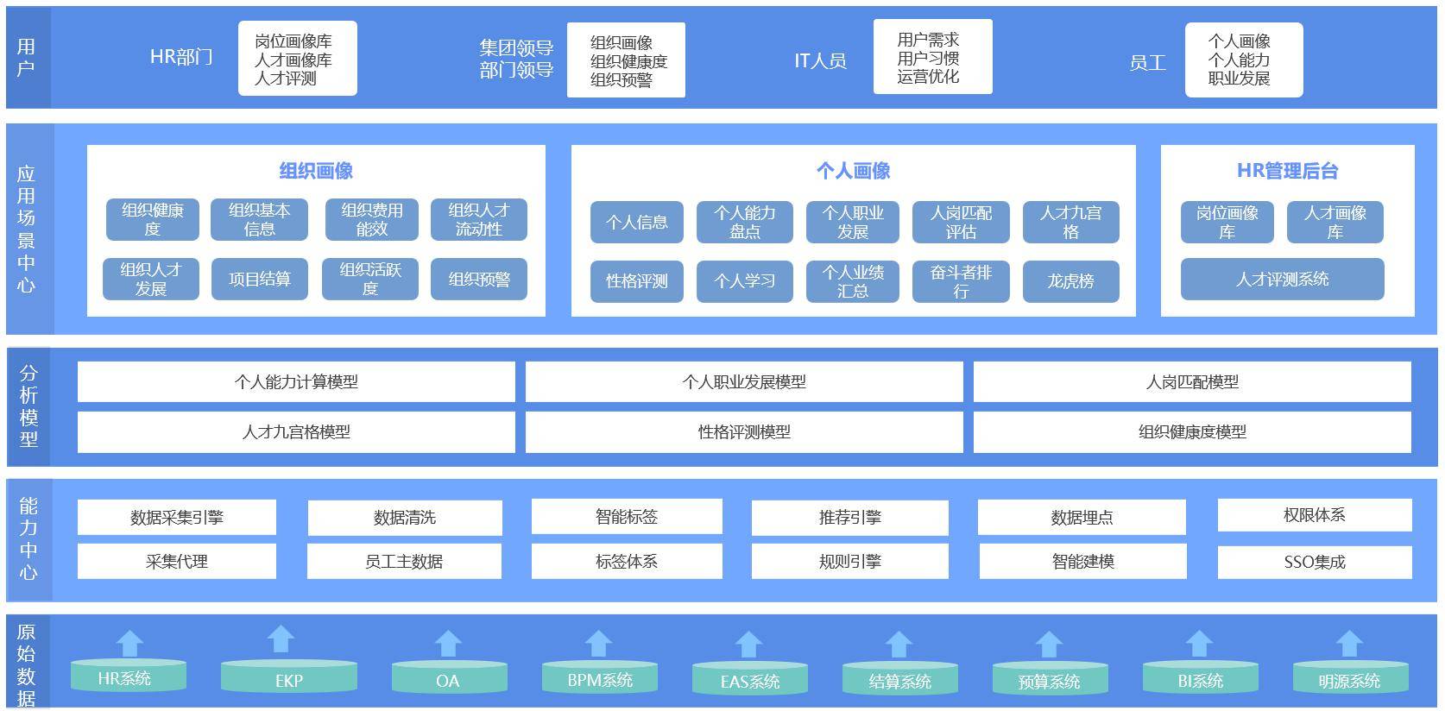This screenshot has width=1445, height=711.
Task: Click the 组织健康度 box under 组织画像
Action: coord(153,219)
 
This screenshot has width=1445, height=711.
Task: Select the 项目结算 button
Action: coord(260,279)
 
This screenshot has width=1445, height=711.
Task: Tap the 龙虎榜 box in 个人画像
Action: coord(1070,281)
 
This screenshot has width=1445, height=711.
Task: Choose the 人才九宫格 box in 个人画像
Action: coord(1070,222)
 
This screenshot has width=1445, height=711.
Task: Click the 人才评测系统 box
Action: coord(1282,279)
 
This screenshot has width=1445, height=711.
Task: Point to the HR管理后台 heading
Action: coord(1287,171)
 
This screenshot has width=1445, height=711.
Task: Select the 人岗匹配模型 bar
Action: coord(1192,381)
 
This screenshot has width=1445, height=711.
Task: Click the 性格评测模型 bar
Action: coord(744,431)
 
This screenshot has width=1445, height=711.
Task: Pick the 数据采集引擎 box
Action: coord(177,517)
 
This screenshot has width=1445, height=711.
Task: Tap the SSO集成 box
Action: coord(1315,562)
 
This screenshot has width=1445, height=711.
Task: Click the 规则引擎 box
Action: coord(850,561)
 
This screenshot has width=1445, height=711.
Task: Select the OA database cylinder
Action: coord(447,676)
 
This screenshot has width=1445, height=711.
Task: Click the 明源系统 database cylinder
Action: coord(1348,676)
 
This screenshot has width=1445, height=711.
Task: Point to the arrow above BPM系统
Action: coord(598,643)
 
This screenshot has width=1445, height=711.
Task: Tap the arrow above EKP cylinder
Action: coord(281,639)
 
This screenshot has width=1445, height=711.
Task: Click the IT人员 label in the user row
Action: coord(820,60)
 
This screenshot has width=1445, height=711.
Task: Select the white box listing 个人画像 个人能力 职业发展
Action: coord(1243,60)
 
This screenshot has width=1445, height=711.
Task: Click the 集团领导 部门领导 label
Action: coord(516,59)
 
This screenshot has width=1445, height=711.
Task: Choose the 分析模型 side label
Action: coord(28,406)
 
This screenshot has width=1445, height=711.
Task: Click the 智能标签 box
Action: coord(627,516)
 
